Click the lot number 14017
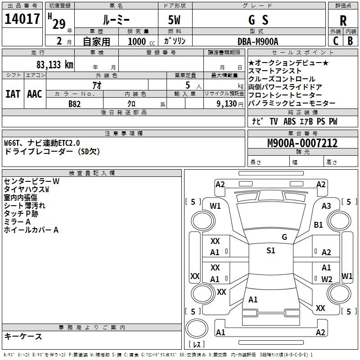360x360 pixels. [22, 19]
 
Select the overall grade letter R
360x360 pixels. [343, 21]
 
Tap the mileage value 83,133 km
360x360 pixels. [54, 65]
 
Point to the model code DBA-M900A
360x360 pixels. [258, 41]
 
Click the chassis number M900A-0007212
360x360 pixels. [302, 143]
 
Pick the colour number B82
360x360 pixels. [75, 104]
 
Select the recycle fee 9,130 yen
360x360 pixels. [230, 104]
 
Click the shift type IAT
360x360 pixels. [13, 94]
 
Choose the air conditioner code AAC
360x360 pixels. [35, 94]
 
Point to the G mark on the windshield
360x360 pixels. [284, 237]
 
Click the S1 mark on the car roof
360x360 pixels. [271, 250]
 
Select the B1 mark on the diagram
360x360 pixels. [318, 225]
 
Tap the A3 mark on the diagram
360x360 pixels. [326, 206]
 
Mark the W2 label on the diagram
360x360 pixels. [327, 279]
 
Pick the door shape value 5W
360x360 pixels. [174, 20]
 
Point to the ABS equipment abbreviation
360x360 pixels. [289, 121]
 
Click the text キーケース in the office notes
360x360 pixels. [23, 336]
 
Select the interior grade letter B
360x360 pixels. [350, 41]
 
